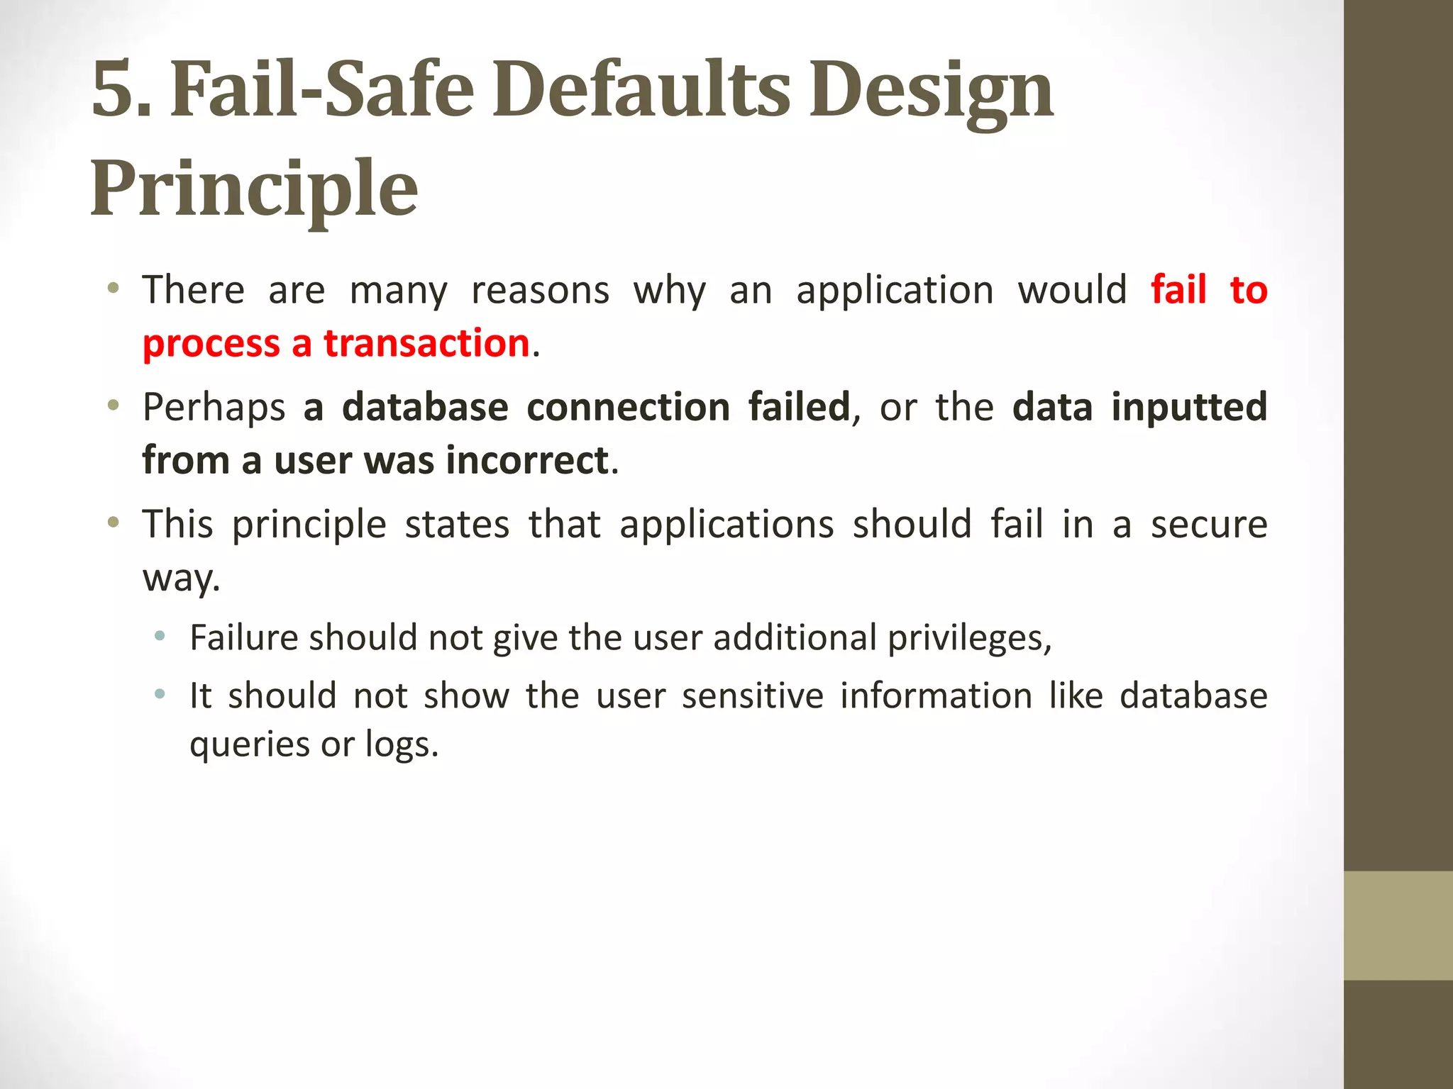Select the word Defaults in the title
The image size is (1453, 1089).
(x=641, y=89)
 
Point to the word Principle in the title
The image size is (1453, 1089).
(x=254, y=189)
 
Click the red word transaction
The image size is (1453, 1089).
(x=427, y=343)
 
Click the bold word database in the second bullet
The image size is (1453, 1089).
(x=425, y=407)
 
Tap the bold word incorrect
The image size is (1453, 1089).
(x=527, y=460)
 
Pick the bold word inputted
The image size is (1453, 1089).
(x=1189, y=408)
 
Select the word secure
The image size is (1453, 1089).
(x=1208, y=525)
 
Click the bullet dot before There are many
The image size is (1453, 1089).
(x=113, y=289)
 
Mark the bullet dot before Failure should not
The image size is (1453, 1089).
(x=160, y=636)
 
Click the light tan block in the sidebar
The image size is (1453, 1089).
(x=1398, y=925)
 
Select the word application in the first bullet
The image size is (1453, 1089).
(x=895, y=291)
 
